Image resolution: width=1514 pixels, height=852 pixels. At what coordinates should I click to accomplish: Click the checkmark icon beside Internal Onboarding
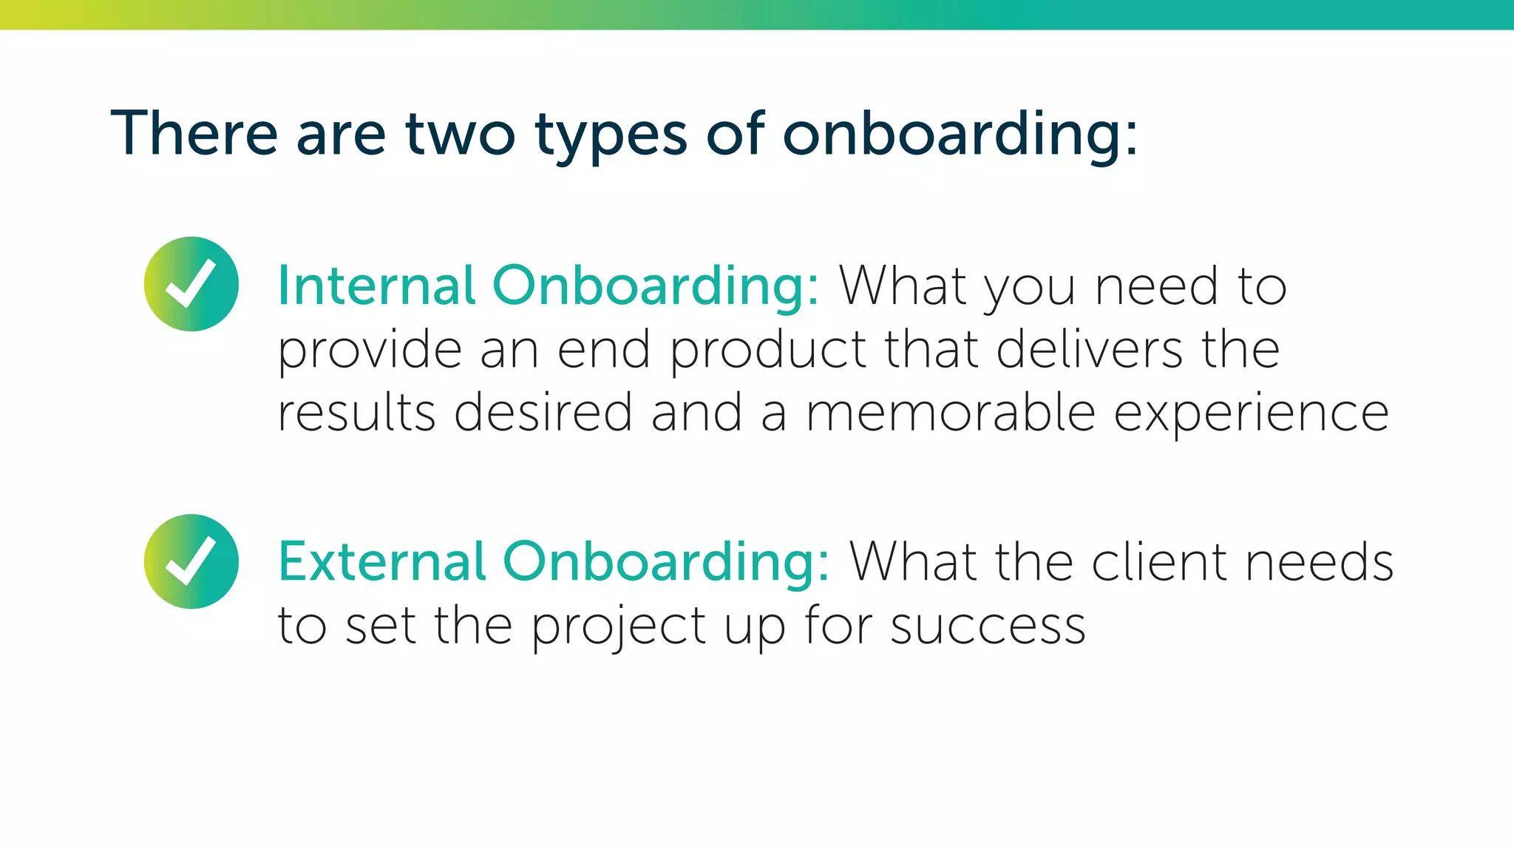pos(191,284)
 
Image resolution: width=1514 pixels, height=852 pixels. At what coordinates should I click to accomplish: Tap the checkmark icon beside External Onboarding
pos(191,561)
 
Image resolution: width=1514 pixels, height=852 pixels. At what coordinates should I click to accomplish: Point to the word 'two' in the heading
pos(460,135)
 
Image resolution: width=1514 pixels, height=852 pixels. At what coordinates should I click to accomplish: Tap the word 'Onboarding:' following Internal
pos(656,286)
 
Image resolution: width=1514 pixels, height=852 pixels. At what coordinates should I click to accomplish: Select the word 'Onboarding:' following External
pos(666,563)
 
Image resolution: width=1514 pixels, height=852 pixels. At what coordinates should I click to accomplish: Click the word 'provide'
pos(370,350)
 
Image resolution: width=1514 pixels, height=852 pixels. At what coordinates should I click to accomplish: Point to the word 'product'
pos(768,350)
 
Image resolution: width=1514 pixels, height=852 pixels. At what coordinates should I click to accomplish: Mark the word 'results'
pos(356,412)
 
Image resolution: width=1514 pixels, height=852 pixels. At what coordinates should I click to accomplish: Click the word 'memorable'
pos(950,412)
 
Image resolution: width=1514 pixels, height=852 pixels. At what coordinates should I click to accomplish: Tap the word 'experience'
pos(1251,413)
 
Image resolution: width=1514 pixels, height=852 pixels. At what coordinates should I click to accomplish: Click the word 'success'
pos(988,626)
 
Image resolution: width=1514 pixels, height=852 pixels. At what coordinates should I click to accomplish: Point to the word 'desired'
pos(543,412)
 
